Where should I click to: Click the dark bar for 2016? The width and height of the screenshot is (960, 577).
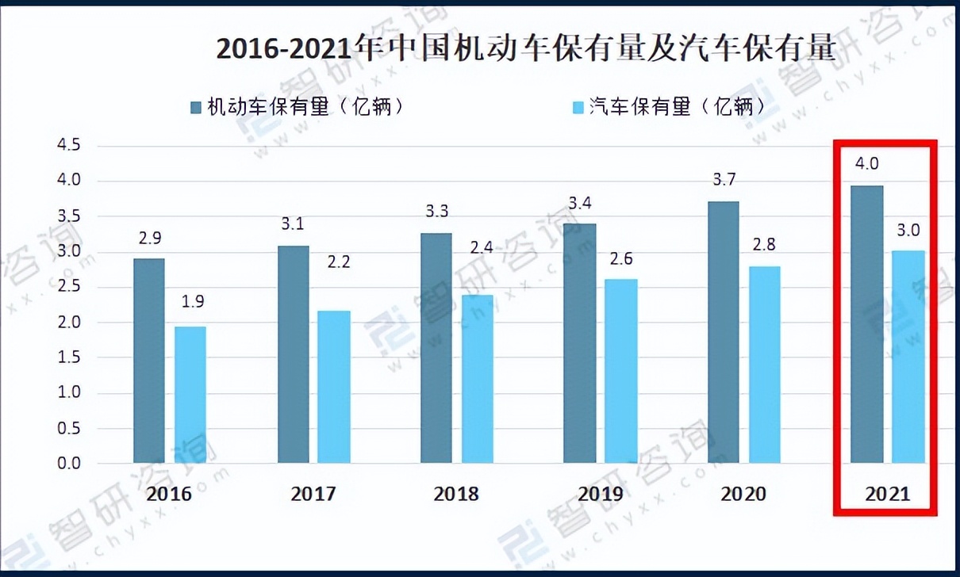tap(149, 361)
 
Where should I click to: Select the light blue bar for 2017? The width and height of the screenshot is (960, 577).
tap(334, 387)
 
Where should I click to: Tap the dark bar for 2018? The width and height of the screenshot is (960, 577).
tap(436, 348)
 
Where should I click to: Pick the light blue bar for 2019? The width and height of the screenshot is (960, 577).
tap(621, 371)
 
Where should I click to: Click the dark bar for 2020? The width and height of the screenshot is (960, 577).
tap(723, 332)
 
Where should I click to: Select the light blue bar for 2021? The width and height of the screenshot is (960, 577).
tap(908, 357)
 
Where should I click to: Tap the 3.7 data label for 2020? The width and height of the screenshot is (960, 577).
tap(723, 180)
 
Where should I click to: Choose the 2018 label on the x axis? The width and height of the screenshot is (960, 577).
tap(456, 494)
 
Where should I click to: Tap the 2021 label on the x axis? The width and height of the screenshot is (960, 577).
tap(887, 494)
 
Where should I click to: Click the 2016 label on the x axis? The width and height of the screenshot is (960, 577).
tap(170, 494)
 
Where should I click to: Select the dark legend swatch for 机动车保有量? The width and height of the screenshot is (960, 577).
tap(196, 107)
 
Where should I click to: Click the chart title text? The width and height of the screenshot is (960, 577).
tap(526, 49)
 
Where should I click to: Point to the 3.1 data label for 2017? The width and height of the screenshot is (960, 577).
tap(293, 224)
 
